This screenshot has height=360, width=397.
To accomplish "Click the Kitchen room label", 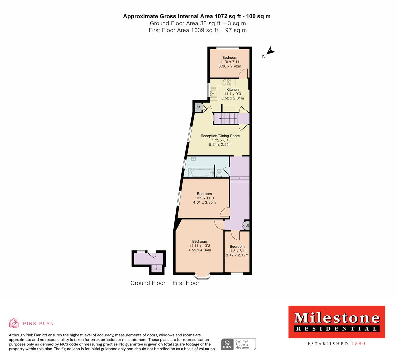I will click(x=232, y=90).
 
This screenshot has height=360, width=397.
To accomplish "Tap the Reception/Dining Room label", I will click(x=220, y=136).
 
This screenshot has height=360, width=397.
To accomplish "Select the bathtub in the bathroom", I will click(x=201, y=173).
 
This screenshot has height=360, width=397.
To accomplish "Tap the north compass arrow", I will click(x=271, y=51).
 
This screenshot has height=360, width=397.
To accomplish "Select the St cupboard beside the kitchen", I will click(x=198, y=107).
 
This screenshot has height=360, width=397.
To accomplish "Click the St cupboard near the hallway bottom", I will click(x=247, y=226).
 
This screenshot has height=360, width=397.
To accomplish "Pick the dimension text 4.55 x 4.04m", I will click(x=199, y=250).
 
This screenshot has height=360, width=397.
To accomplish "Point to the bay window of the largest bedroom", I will click(x=202, y=276).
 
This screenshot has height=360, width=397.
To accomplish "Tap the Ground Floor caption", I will click(x=148, y=283).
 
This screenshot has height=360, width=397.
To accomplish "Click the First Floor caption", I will click(x=186, y=283).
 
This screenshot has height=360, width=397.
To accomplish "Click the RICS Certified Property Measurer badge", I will click(x=239, y=344).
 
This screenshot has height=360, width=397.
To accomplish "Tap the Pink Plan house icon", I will click(x=14, y=323).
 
